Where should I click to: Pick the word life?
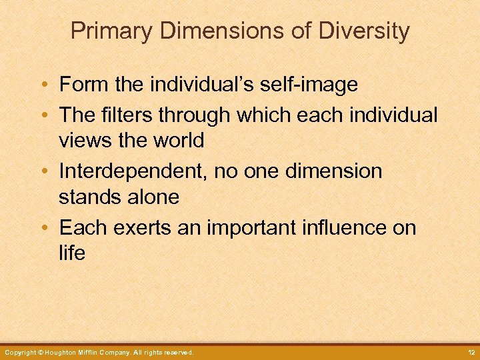coord(72,253)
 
